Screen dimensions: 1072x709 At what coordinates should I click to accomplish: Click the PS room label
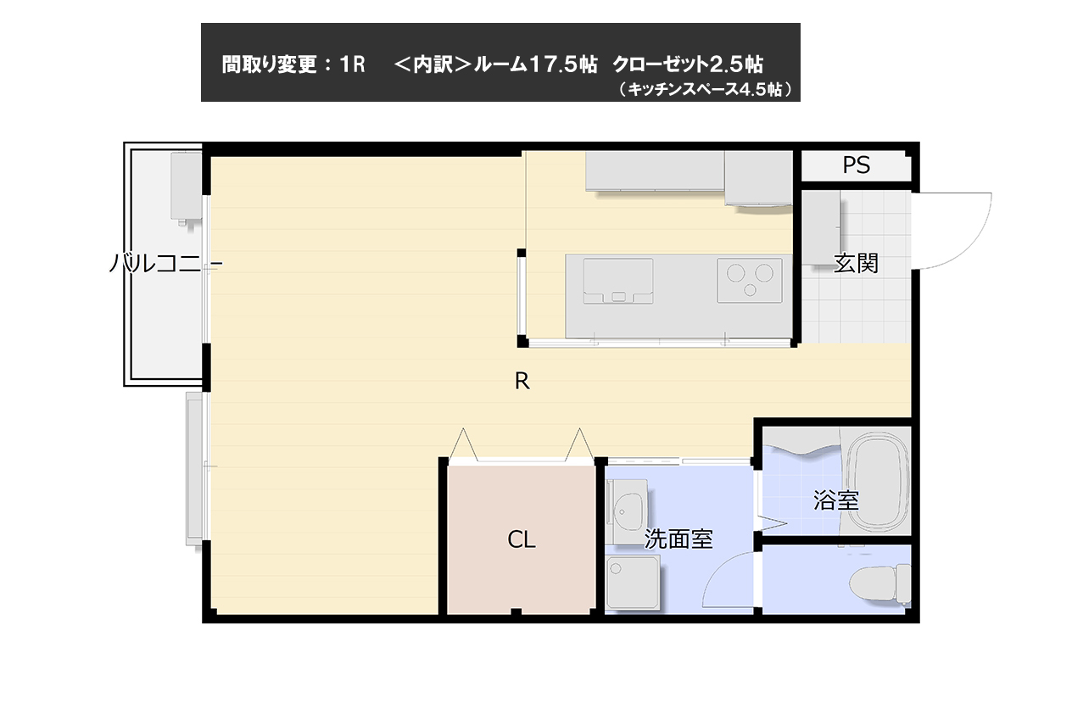856,165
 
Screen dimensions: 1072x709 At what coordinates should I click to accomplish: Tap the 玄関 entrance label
856,264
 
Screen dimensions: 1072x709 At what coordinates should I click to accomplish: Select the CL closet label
522,539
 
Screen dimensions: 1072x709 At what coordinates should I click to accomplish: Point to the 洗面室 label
678,539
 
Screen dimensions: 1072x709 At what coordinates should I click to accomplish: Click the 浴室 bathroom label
835,500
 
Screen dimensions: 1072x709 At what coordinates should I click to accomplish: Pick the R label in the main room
522,382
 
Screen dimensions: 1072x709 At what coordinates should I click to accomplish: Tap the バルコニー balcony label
165,264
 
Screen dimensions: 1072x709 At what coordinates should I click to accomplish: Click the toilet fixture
879,584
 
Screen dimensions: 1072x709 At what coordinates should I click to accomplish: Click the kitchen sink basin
618,282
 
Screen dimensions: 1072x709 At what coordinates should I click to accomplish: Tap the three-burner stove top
750,281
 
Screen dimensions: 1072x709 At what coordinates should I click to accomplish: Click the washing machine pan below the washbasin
633,583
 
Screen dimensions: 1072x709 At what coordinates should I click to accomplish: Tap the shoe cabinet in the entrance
821,228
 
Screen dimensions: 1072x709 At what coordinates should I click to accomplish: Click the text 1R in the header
352,64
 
